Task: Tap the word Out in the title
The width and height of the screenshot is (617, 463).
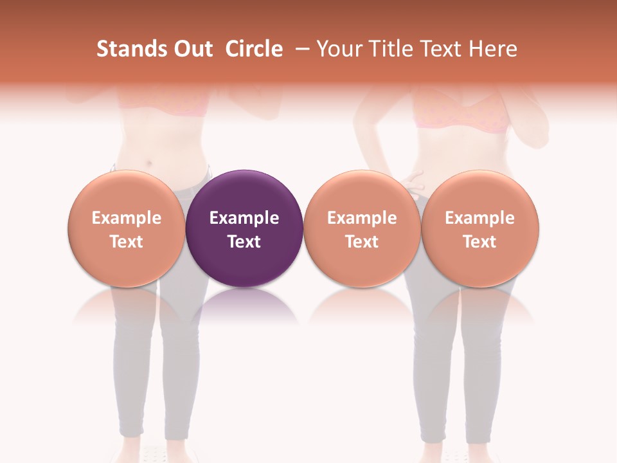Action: [x=191, y=49]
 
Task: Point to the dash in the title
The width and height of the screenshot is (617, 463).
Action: [x=300, y=50]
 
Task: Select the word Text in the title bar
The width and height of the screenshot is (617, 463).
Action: [x=440, y=49]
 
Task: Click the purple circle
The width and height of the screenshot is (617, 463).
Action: [x=244, y=193]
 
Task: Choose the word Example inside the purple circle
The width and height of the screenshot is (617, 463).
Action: [x=244, y=218]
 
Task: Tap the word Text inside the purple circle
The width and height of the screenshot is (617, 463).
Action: [x=244, y=242]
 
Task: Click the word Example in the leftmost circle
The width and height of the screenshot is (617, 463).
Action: [x=127, y=218]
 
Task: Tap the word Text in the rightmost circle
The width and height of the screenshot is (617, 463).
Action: [x=480, y=242]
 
